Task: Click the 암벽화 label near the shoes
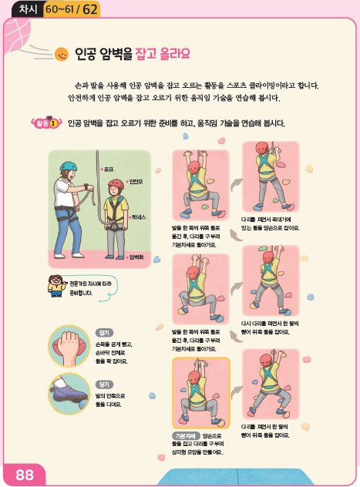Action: click(138, 257)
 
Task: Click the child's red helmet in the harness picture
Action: click(116, 184)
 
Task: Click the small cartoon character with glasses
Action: click(56, 284)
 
